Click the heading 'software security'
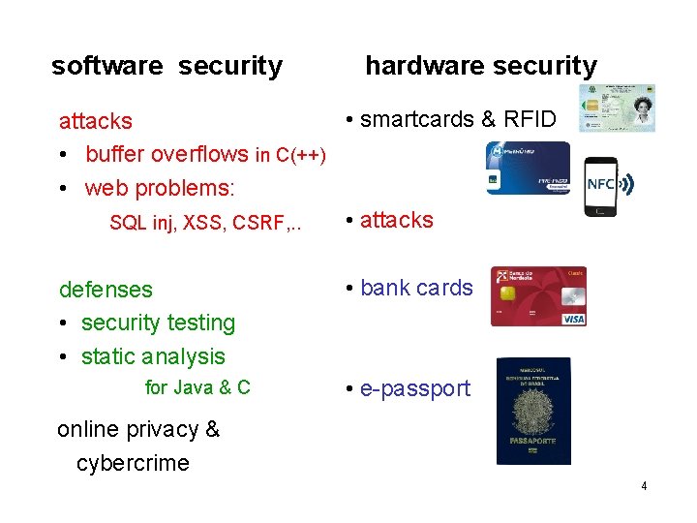tap(167, 66)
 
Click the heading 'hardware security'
tap(481, 66)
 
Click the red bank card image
tap(538, 296)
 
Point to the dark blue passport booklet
tap(533, 411)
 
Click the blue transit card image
tap(529, 169)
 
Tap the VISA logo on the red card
tap(573, 318)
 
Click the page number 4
tap(644, 485)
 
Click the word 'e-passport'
tap(414, 388)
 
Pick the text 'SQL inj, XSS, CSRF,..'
tap(206, 223)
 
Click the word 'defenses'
tap(106, 290)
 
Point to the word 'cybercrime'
tap(133, 463)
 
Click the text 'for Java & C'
tap(197, 387)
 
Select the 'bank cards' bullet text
tap(416, 288)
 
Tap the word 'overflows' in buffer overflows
tap(203, 154)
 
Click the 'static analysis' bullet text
tap(153, 356)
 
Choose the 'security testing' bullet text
tap(158, 323)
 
